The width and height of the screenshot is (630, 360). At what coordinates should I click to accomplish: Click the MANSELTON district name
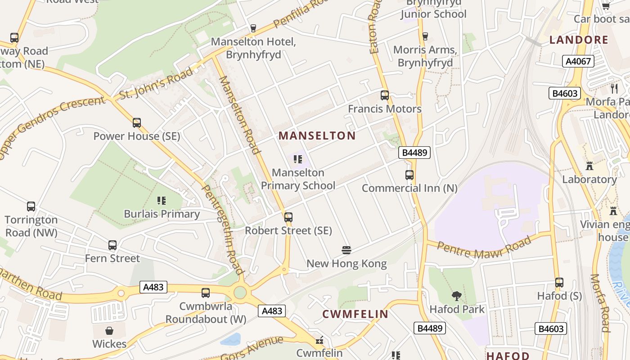pos(317,135)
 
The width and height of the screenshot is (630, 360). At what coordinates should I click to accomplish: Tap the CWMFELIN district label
pos(355,314)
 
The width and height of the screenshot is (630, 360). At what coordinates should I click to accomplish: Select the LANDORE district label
pos(579,40)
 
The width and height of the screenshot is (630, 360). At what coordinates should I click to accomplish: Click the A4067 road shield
pos(578,61)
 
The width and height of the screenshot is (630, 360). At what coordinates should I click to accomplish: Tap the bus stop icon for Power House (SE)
pos(136,123)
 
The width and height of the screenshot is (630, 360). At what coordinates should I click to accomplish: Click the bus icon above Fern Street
pos(112,245)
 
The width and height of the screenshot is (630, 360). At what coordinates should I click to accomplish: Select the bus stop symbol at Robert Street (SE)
pos(288,217)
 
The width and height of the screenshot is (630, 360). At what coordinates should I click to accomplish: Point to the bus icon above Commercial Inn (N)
pos(409,175)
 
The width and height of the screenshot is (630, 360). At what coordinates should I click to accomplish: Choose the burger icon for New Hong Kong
pos(346,250)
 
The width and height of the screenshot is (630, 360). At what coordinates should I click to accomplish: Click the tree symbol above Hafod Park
pos(457,296)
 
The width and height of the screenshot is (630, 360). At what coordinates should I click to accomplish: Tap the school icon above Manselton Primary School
pos(297,159)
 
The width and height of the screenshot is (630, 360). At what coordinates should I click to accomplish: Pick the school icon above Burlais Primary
pos(162,201)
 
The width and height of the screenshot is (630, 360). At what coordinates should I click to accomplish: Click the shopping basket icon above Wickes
pos(109,331)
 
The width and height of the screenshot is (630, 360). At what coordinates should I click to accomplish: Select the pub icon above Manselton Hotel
pos(253,28)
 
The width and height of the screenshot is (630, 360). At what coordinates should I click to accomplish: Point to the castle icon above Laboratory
pos(589,166)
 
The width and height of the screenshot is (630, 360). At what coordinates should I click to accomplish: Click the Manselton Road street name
pos(240,115)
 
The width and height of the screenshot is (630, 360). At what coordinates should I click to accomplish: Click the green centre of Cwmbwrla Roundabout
pos(240,292)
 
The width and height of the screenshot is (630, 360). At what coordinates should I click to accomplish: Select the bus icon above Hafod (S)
pos(559,283)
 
